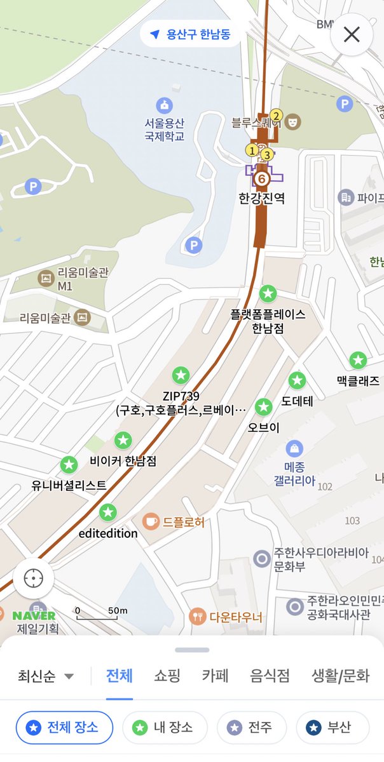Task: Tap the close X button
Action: tap(352, 34)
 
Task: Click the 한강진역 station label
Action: tap(262, 198)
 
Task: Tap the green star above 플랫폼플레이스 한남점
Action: tap(268, 294)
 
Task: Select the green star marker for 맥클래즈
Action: tap(358, 361)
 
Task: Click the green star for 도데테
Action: tap(297, 381)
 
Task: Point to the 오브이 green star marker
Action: tap(263, 408)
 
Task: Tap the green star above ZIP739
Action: tap(181, 375)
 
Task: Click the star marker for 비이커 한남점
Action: tap(123, 439)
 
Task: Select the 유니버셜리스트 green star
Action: tap(69, 465)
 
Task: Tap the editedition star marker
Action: tap(108, 512)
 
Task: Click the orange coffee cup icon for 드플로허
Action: tap(151, 522)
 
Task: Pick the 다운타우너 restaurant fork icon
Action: tap(198, 616)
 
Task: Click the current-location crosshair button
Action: tap(33, 578)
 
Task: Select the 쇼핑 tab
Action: tap(167, 675)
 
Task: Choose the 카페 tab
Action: tap(215, 675)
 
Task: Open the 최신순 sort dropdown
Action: tap(46, 676)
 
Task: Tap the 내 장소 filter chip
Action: tap(165, 728)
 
